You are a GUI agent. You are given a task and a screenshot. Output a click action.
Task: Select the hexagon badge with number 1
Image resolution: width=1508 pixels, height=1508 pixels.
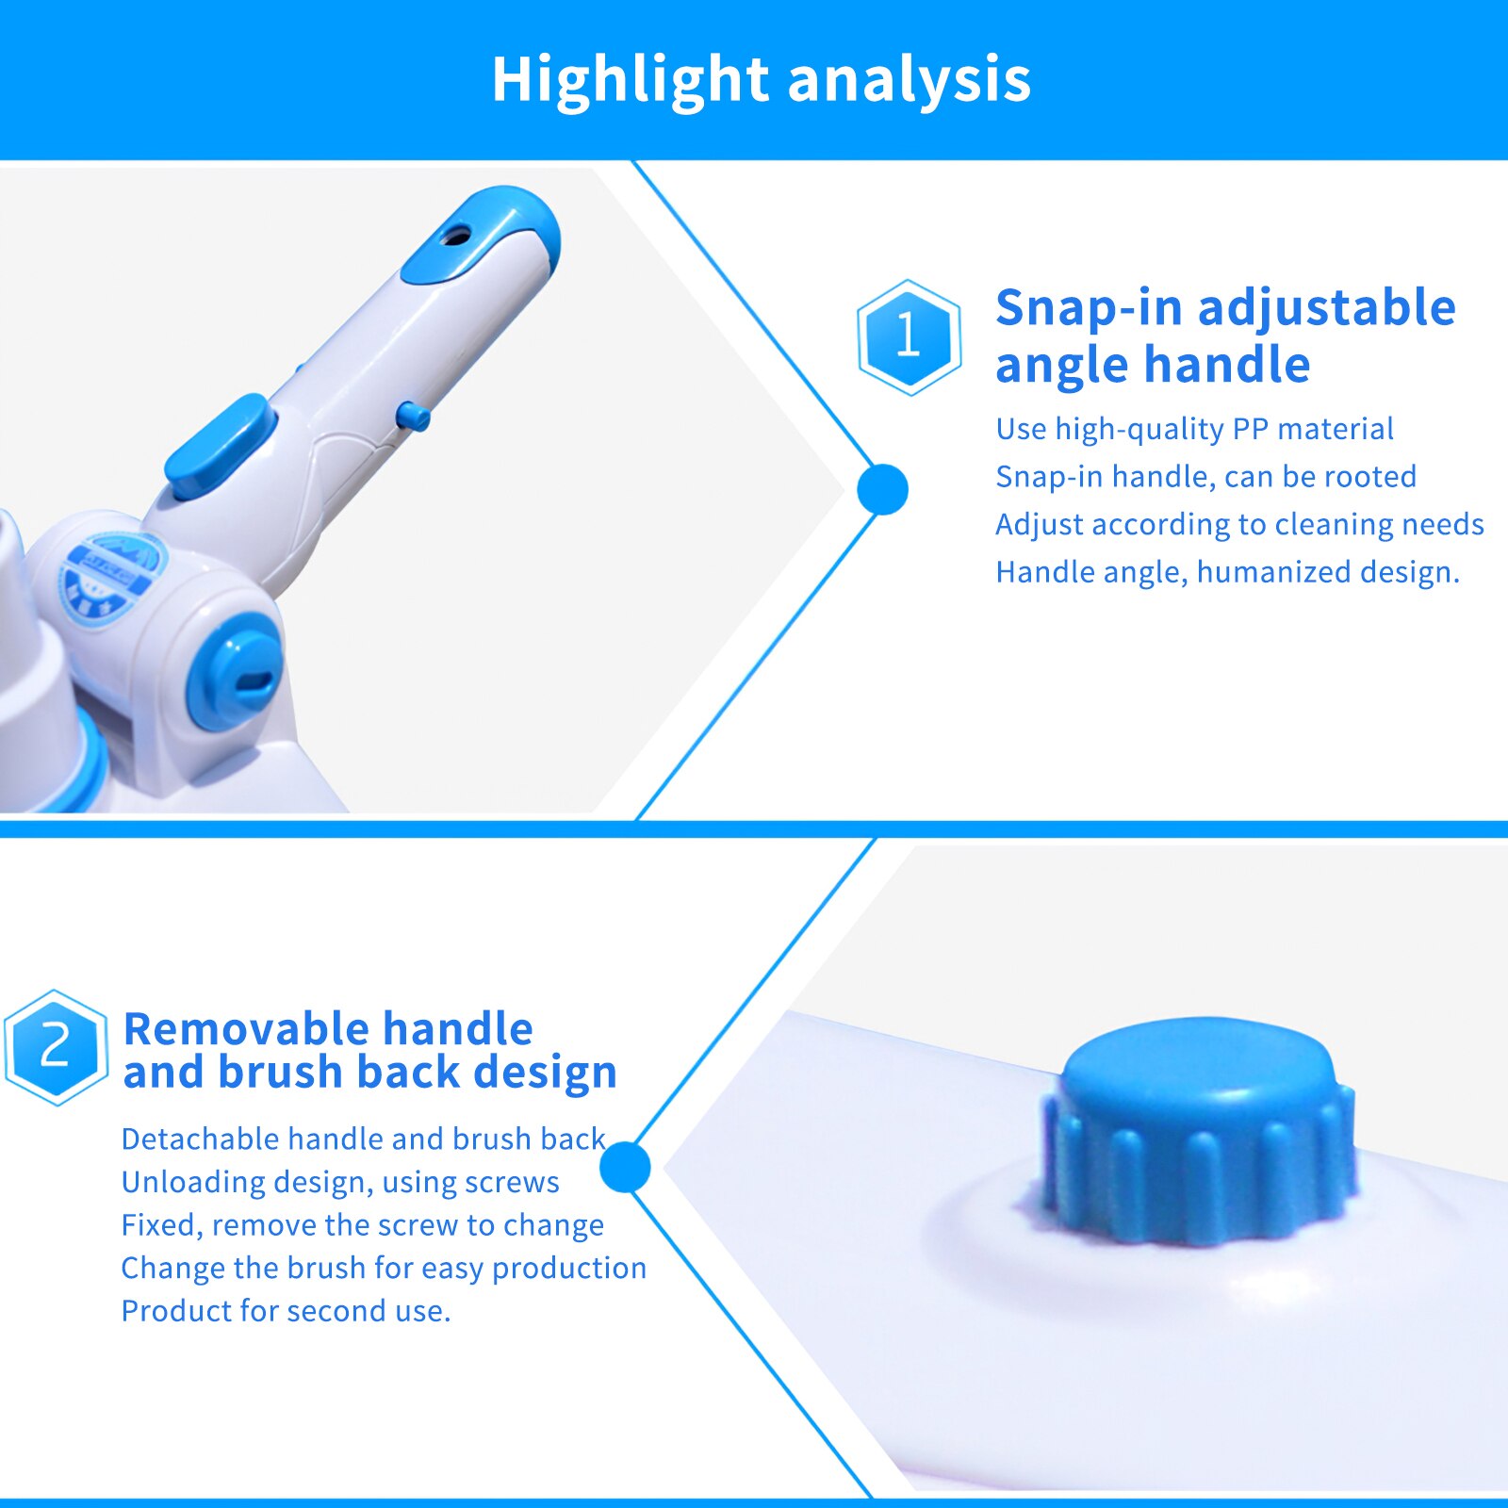point(909,336)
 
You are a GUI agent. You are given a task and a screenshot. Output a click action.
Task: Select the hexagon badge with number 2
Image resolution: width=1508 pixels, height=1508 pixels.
point(56,1046)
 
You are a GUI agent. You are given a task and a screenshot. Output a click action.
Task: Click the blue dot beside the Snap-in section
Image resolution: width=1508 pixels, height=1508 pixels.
point(882,489)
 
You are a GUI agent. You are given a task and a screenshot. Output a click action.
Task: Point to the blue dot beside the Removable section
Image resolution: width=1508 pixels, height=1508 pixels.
point(625,1167)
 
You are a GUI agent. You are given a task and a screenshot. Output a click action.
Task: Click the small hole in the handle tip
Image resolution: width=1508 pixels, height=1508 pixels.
point(456,235)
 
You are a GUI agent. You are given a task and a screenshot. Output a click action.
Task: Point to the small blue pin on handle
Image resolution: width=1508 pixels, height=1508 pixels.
point(413,416)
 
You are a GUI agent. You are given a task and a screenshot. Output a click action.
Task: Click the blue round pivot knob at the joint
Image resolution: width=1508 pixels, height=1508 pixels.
point(237,670)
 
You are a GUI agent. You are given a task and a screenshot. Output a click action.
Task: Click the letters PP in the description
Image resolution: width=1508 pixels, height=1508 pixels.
point(1250,429)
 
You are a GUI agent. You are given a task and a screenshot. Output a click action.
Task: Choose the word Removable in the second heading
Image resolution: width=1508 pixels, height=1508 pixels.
point(246,1028)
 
